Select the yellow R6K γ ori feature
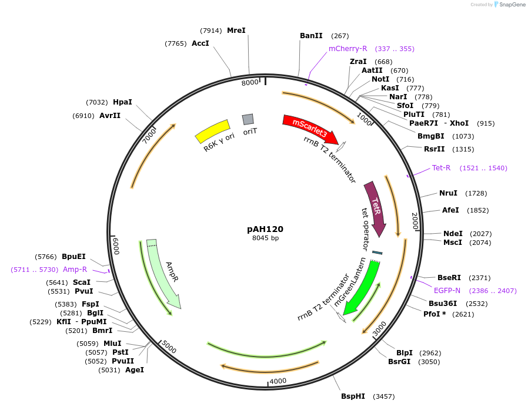pyautogui.click(x=213, y=131)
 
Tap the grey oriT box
pyautogui.click(x=248, y=119)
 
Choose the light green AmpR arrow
pyautogui.click(x=163, y=273)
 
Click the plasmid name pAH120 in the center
pyautogui.click(x=265, y=229)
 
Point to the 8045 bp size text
pyautogui.click(x=265, y=238)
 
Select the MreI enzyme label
pyautogui.click(x=236, y=30)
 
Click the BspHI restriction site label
pyautogui.click(x=353, y=396)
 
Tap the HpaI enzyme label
pyautogui.click(x=122, y=102)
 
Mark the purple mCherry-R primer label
pyautogui.click(x=347, y=49)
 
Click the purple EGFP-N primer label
pyautogui.click(x=447, y=290)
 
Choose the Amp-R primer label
pyautogui.click(x=75, y=269)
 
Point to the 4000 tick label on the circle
pyautogui.click(x=278, y=381)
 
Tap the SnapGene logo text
pyautogui.click(x=513, y=5)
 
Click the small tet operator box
pyautogui.click(x=377, y=253)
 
